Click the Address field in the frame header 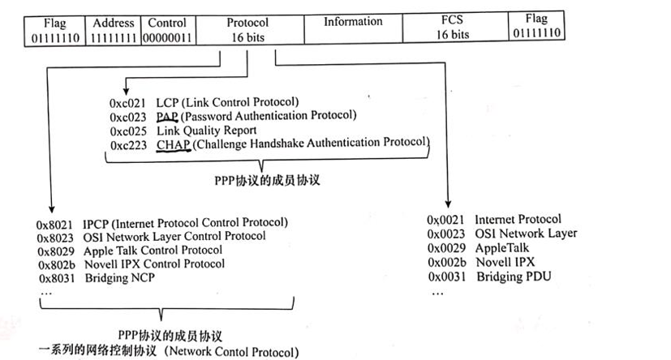(114, 28)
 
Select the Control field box (168, 28)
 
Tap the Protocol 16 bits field (248, 28)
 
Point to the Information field (354, 23)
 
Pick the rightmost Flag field (537, 26)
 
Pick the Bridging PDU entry (515, 276)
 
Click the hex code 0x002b (445, 263)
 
